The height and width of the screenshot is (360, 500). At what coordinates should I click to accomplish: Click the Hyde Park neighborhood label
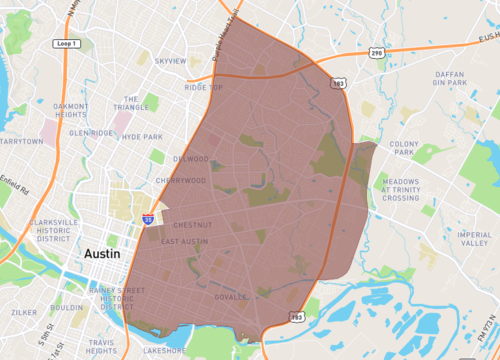141,136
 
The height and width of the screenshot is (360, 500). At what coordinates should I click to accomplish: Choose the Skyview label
171,61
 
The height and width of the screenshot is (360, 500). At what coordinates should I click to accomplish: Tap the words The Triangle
130,103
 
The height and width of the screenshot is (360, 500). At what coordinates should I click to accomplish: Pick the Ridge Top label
203,87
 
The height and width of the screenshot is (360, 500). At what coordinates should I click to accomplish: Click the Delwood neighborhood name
190,158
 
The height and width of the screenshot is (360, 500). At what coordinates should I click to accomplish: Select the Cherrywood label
180,181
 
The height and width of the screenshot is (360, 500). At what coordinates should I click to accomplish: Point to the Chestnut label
189,225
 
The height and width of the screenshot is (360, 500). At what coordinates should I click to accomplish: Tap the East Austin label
184,241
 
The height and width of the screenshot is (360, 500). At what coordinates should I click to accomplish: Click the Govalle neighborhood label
231,297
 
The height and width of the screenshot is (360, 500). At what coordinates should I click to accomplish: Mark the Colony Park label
404,147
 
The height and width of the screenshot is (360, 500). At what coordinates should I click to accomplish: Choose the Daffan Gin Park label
456,80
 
